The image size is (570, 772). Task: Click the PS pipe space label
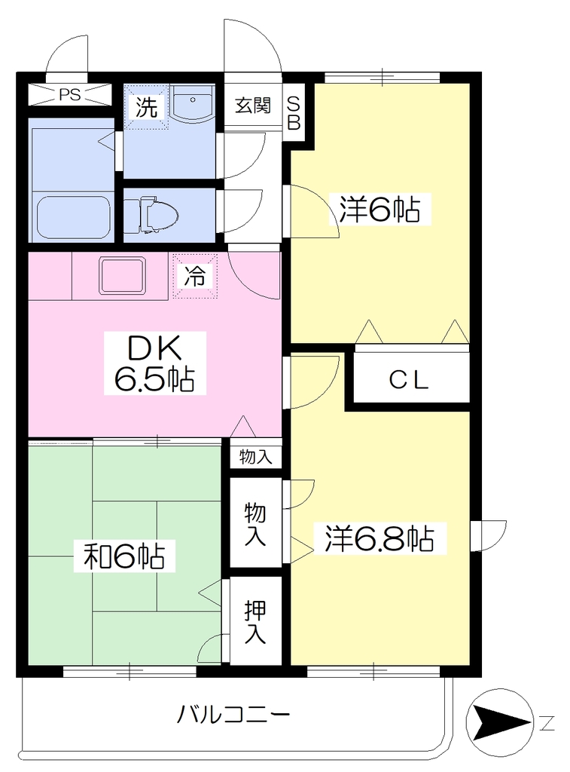pyautogui.click(x=69, y=94)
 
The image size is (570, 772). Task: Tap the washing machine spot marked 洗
pyautogui.click(x=147, y=107)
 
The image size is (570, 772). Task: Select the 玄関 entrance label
pyautogui.click(x=252, y=106)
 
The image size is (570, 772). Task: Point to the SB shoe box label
pyautogui.click(x=294, y=113)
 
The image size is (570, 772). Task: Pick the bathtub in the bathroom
pyautogui.click(x=73, y=217)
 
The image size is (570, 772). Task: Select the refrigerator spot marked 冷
pyautogui.click(x=195, y=276)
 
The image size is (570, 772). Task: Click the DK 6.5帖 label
pyautogui.click(x=154, y=363)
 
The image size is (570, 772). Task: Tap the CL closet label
pyautogui.click(x=409, y=380)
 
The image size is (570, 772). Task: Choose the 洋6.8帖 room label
pyautogui.click(x=379, y=538)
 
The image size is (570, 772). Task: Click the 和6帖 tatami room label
pyautogui.click(x=124, y=556)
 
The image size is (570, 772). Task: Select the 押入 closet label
pyautogui.click(x=256, y=622)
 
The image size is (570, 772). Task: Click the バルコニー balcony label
pyautogui.click(x=234, y=714)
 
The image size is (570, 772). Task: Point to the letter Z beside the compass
pyautogui.click(x=547, y=723)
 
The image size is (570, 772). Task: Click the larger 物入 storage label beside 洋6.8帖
pyautogui.click(x=256, y=525)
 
